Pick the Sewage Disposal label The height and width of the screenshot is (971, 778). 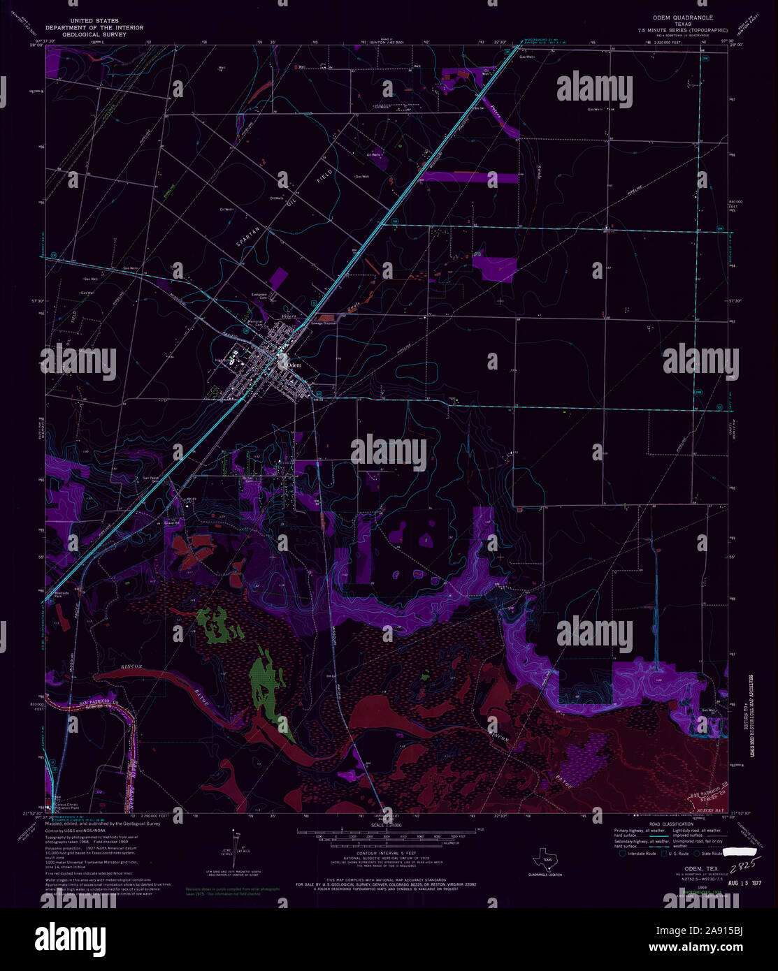point(324,323)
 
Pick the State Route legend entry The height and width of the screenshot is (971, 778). point(710,853)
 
